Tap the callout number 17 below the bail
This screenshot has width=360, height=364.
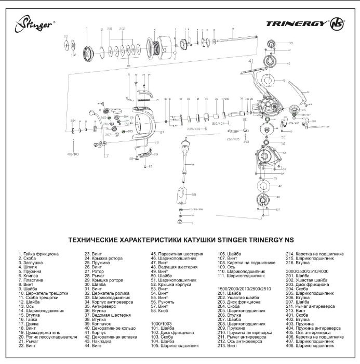point(106,155)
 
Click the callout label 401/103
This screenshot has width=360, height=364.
point(73,153)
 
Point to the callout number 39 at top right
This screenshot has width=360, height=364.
point(290,43)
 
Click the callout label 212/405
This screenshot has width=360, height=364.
point(233,139)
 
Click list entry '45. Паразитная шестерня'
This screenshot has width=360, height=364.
point(177,254)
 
